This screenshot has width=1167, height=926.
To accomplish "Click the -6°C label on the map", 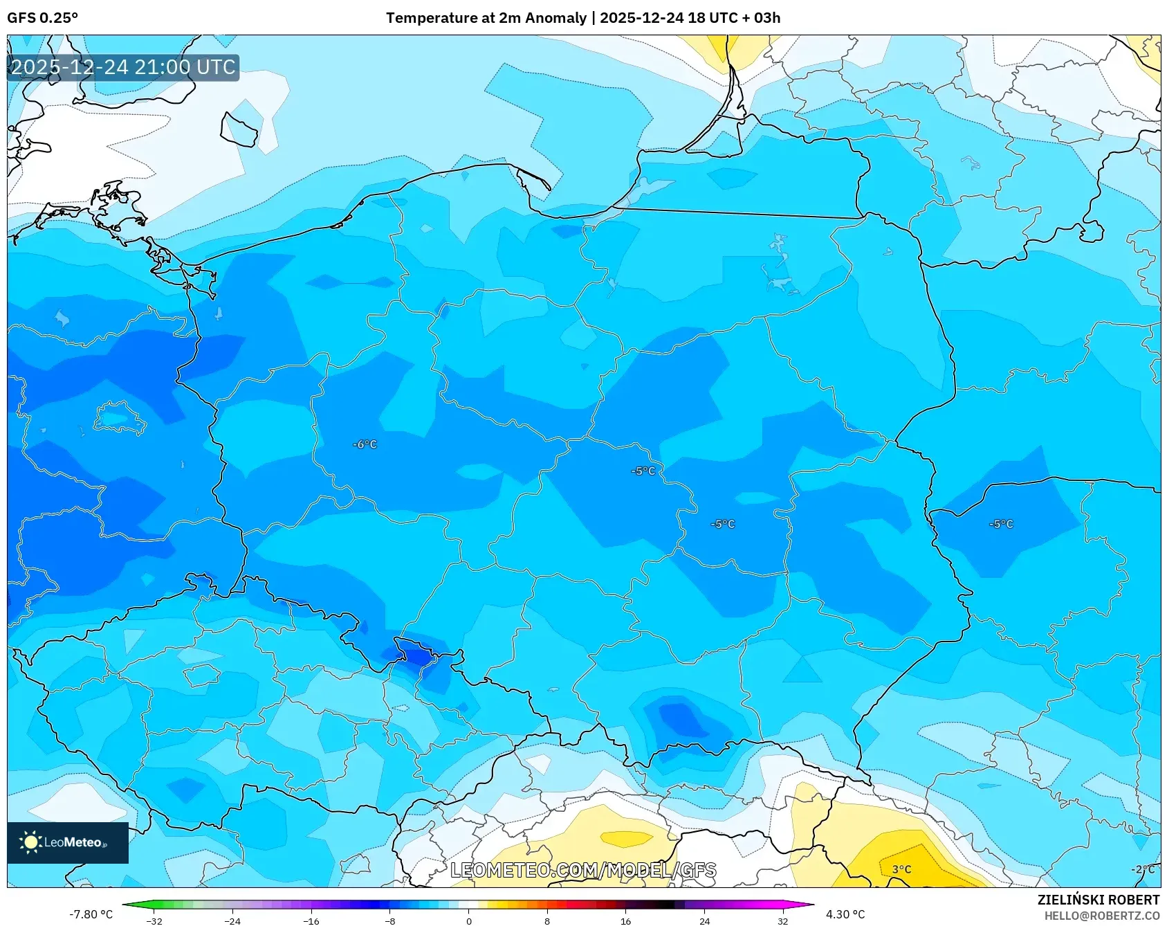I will [365, 444].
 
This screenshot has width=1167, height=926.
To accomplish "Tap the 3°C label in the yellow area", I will [901, 869].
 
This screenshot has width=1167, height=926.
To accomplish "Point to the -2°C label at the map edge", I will [1142, 869].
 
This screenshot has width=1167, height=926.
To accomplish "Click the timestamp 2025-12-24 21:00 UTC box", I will [123, 67].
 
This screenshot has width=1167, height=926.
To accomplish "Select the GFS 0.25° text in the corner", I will [42, 18].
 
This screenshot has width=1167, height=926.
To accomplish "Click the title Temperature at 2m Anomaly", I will [486, 18].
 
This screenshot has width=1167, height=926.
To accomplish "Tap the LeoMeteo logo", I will [68, 842].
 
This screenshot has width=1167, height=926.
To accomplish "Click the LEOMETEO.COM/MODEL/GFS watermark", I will [583, 870].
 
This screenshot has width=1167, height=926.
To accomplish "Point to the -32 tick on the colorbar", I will [154, 920].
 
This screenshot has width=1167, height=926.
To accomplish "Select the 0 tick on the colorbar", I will [468, 920].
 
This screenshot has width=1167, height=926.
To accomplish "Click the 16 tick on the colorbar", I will [625, 920].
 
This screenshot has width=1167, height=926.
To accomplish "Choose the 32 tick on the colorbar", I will [782, 920].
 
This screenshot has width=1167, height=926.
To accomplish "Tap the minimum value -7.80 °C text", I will [91, 914].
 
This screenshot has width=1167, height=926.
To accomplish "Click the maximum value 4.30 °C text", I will [845, 914].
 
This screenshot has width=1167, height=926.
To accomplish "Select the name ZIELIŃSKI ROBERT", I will [1098, 900].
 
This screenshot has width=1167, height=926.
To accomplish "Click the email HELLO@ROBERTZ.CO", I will [1101, 916].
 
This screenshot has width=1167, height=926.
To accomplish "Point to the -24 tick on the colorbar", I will [232, 920].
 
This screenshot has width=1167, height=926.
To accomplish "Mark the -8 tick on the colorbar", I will [389, 920].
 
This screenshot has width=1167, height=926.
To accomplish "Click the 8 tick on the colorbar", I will [547, 920].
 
